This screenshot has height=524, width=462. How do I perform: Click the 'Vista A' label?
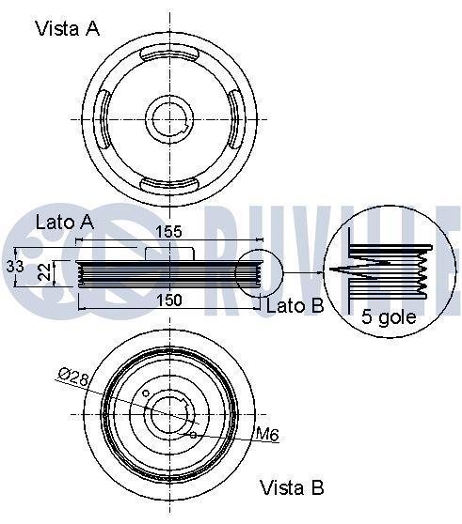[x=68, y=28]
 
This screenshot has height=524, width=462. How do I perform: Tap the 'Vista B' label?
[x=292, y=487]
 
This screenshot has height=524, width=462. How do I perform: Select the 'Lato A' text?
[x=65, y=223]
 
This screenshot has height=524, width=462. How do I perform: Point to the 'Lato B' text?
[x=295, y=306]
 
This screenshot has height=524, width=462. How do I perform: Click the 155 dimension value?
[x=169, y=232]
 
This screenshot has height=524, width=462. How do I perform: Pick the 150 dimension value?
[x=169, y=301]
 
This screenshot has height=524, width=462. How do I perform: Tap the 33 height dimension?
[x=15, y=267]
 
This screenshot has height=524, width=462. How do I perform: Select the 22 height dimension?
[x=44, y=271]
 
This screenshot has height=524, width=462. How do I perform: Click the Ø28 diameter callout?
[x=73, y=377]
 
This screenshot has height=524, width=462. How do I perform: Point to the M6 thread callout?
[x=267, y=435]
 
